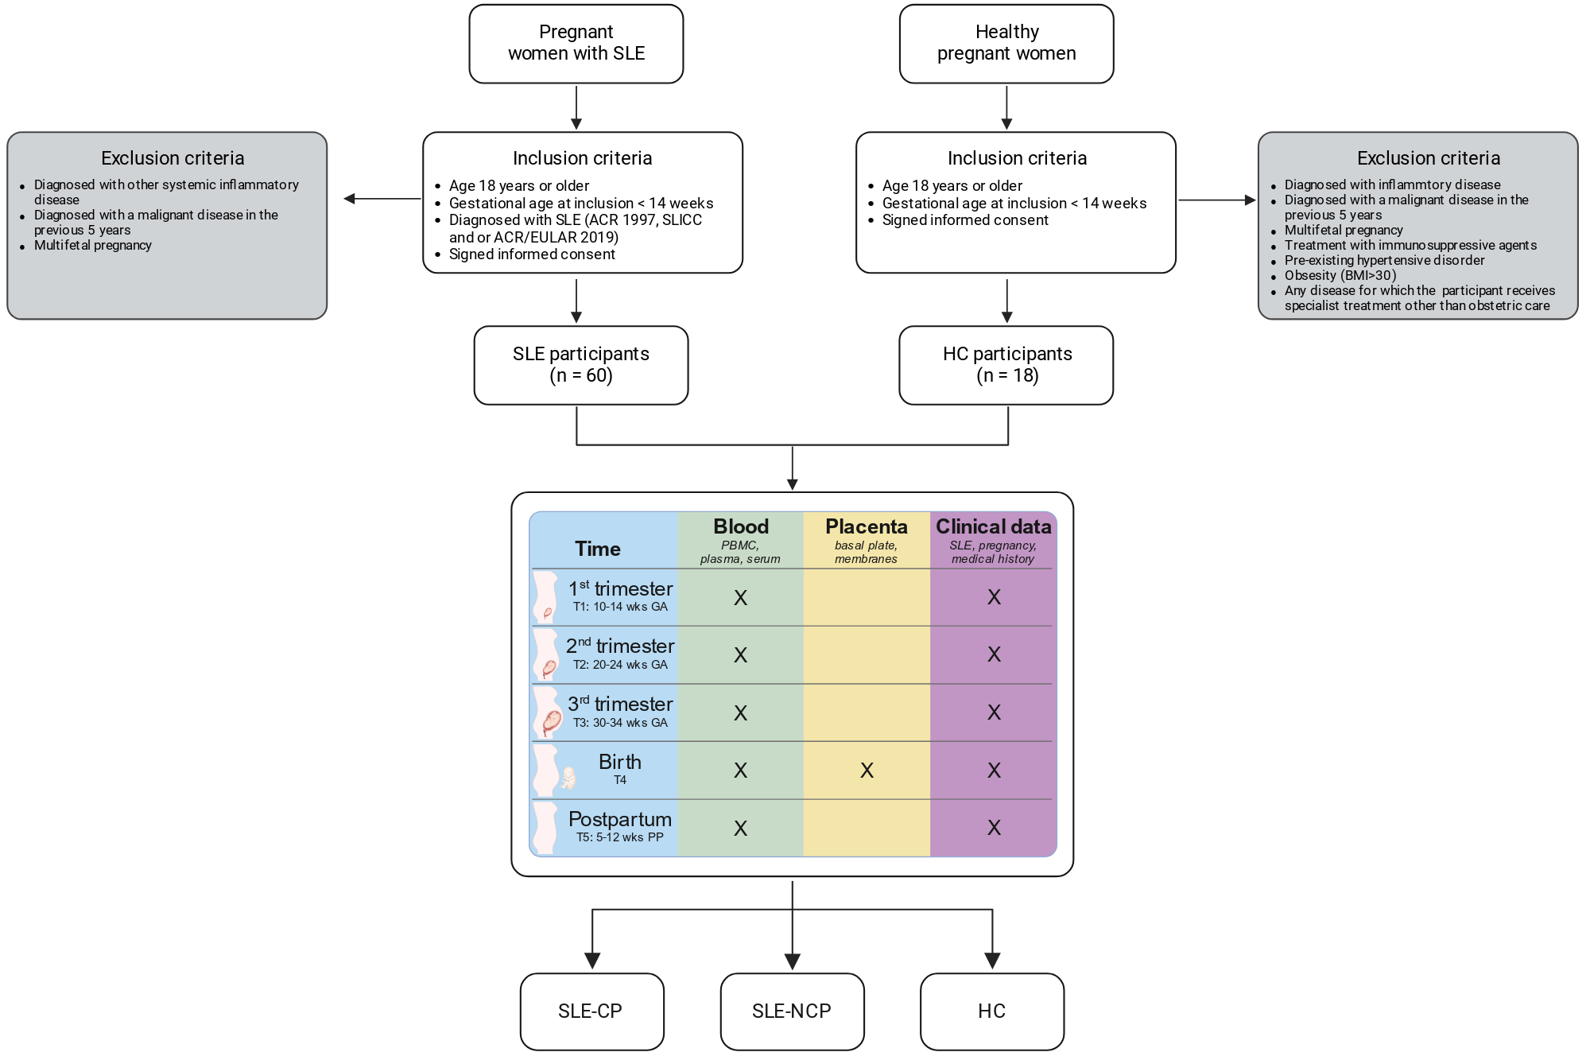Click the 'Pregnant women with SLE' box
[576, 44]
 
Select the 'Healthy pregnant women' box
[1006, 44]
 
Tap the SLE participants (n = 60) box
[581, 365]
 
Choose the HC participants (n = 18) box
[1006, 365]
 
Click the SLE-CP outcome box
[592, 1011]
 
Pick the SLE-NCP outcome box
[792, 1011]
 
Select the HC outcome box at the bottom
[992, 1011]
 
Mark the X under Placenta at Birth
[867, 770]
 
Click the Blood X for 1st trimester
[740, 598]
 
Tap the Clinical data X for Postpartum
[994, 828]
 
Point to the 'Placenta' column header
[867, 526]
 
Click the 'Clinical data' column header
[994, 526]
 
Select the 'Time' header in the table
[598, 549]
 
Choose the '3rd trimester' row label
[620, 704]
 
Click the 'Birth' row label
[620, 762]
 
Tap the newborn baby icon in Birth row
[568, 778]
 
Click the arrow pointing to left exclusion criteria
[382, 199]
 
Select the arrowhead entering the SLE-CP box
[592, 961]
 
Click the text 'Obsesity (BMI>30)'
[1340, 275]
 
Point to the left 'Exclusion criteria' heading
[173, 158]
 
